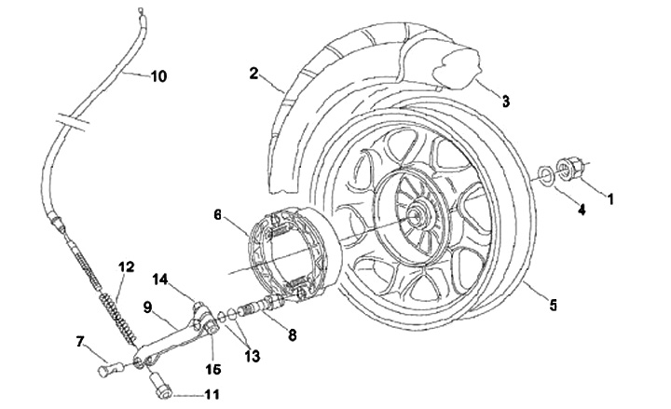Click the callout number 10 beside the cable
[158, 76]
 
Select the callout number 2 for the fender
[253, 74]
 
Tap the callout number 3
[506, 102]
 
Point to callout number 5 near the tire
[554, 305]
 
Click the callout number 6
[218, 215]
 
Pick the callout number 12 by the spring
[126, 267]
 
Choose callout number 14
[160, 279]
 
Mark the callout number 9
[147, 307]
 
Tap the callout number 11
[212, 394]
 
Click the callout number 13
[252, 356]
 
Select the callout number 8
[293, 335]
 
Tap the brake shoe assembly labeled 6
[288, 252]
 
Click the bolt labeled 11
[160, 386]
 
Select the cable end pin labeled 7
[111, 369]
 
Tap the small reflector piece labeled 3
[457, 68]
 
